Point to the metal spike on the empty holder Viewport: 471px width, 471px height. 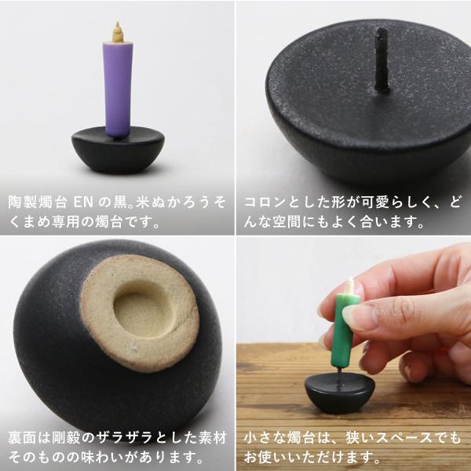pyautogui.click(x=382, y=59)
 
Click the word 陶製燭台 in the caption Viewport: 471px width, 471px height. pyautogui.click(x=39, y=202)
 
